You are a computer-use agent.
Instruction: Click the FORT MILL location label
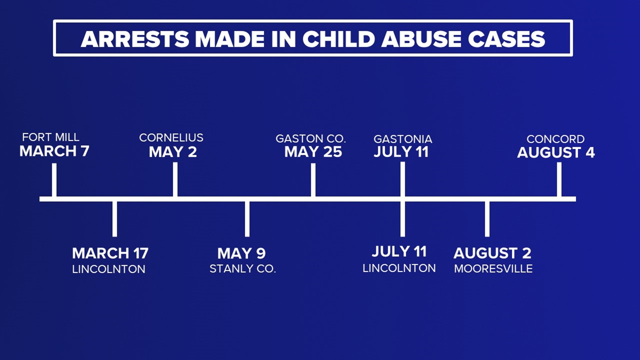[x=51, y=137]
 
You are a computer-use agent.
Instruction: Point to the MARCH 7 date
[x=54, y=151]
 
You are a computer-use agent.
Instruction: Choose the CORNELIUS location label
[x=171, y=138]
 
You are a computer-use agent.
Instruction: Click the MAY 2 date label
[x=173, y=152]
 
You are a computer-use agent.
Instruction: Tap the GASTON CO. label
[x=311, y=139]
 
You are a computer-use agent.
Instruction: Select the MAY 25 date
[x=313, y=152]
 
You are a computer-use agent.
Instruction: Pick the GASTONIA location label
[x=403, y=139]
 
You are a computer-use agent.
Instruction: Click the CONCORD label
[x=555, y=139]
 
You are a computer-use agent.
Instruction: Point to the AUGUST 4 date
[x=556, y=153]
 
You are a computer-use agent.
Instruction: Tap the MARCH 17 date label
[x=110, y=253]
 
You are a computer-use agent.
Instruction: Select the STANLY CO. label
[x=243, y=269]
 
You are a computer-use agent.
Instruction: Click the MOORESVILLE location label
[x=493, y=269]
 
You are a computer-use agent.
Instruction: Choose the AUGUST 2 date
[x=492, y=253]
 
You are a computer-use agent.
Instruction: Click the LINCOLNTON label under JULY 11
[x=399, y=268]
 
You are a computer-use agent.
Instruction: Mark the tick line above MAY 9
[x=247, y=219]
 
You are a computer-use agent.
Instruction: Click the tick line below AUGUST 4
[x=559, y=180]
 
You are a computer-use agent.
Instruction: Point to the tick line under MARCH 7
[x=54, y=180]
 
